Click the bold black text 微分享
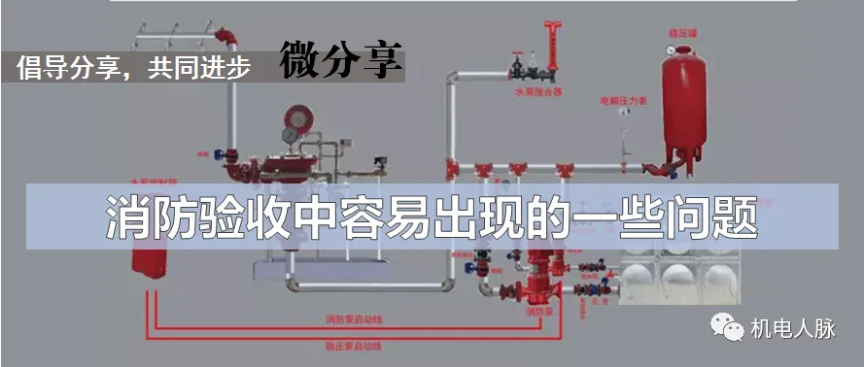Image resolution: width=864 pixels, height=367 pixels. coord(341,59)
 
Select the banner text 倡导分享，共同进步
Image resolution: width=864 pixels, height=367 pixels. coord(134,67)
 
